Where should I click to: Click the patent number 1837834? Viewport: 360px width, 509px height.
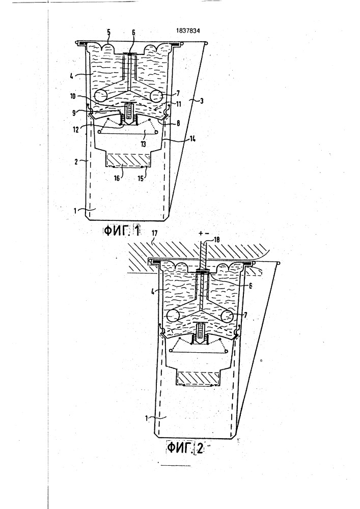click(x=188, y=31)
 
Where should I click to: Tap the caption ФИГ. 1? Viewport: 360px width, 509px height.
click(x=122, y=231)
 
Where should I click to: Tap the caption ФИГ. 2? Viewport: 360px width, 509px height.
click(x=185, y=448)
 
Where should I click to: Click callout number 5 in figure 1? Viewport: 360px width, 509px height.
click(x=109, y=32)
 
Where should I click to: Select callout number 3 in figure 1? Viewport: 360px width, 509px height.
click(x=202, y=101)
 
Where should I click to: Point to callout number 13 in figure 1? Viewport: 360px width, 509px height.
click(x=143, y=144)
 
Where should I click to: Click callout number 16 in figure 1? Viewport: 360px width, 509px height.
click(x=117, y=178)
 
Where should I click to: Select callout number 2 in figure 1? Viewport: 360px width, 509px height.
click(x=76, y=161)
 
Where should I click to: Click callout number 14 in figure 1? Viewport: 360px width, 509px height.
click(x=192, y=139)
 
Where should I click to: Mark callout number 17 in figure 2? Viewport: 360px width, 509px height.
click(x=154, y=233)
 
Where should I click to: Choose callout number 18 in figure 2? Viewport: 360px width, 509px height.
click(x=217, y=240)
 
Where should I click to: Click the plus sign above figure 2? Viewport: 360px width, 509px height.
click(x=200, y=233)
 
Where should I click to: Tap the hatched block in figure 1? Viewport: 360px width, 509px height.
click(x=128, y=159)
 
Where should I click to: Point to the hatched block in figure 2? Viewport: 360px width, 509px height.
click(x=198, y=378)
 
